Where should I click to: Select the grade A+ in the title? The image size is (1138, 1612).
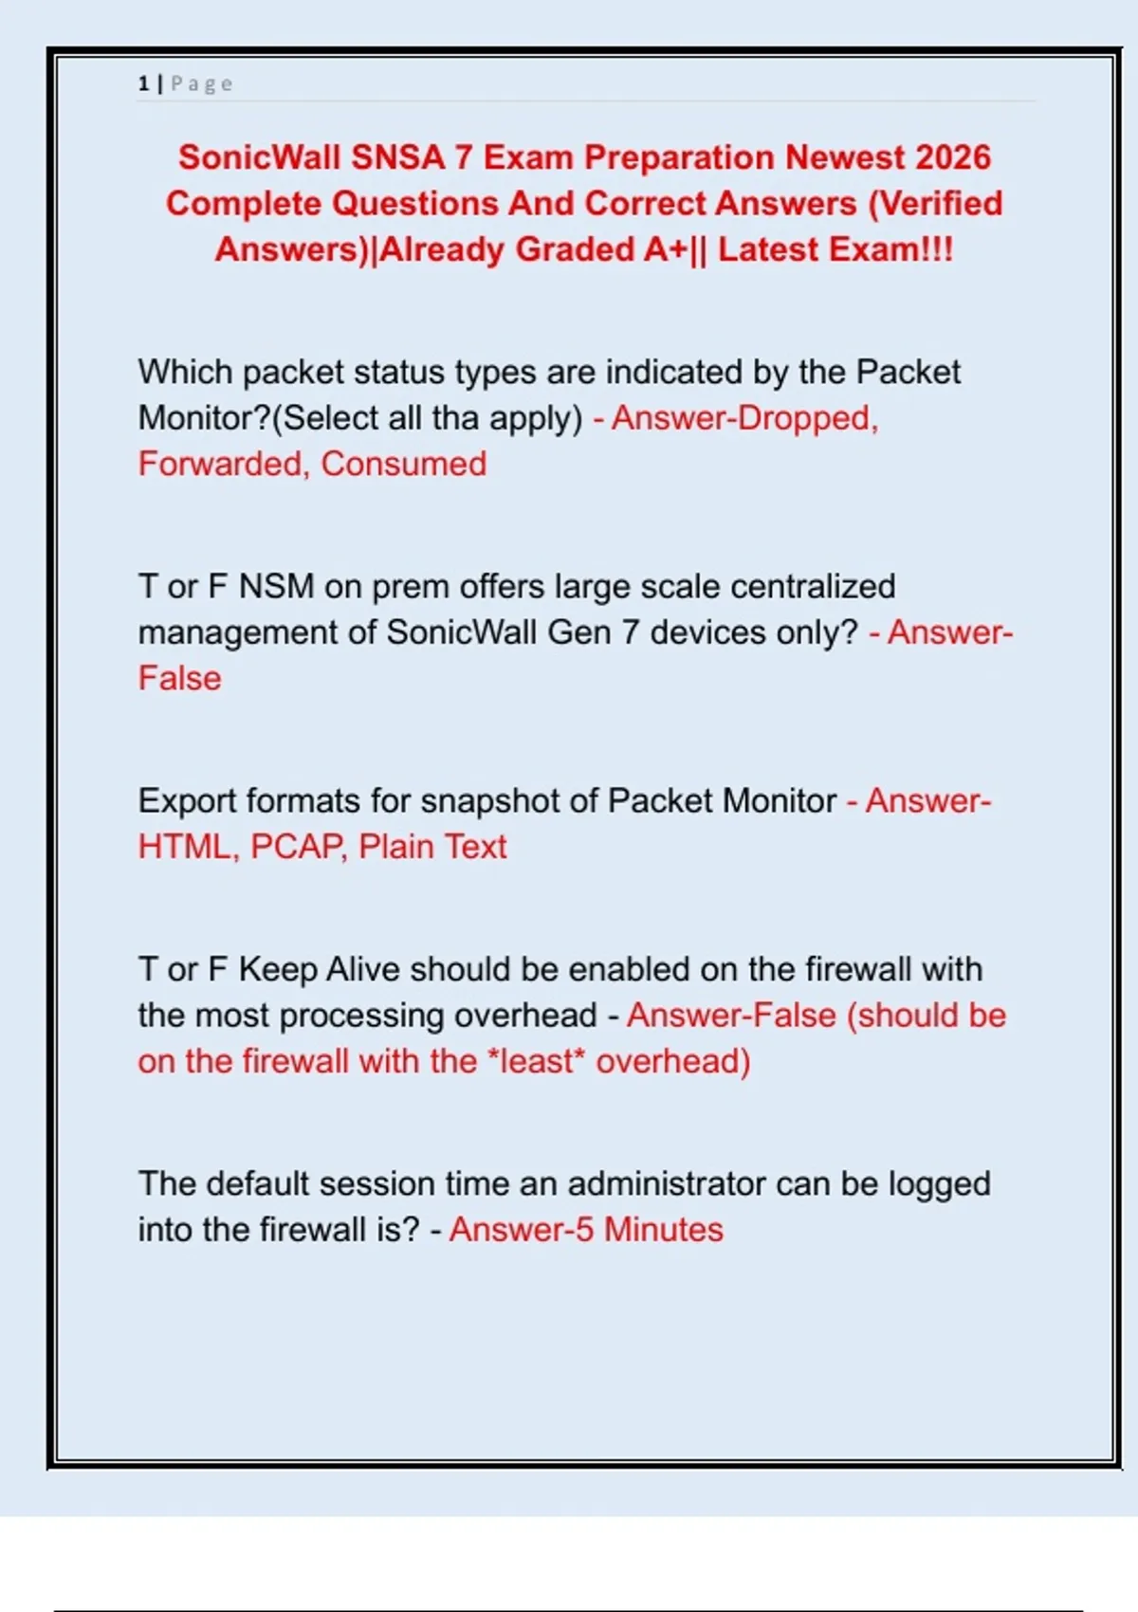click(668, 249)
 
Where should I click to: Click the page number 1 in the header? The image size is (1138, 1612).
click(143, 83)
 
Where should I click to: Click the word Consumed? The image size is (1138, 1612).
click(404, 464)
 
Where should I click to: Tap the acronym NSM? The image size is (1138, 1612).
click(276, 586)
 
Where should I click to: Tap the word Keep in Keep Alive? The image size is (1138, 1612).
click(277, 969)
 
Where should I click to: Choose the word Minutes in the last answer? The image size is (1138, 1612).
click(664, 1229)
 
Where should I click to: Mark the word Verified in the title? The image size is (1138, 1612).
click(935, 203)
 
